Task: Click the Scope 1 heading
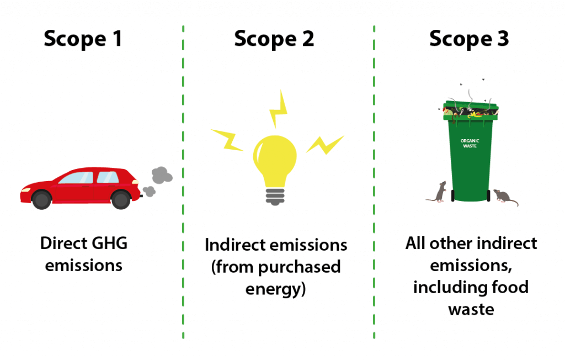tap(83, 39)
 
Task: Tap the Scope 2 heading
tap(274, 39)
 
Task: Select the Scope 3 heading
tap(469, 39)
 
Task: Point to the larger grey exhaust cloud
tap(162, 175)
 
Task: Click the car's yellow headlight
tap(25, 190)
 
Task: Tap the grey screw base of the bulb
tap(275, 197)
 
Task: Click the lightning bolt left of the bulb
tap(227, 140)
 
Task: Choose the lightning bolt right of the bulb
tap(326, 145)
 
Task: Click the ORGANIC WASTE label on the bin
tap(470, 144)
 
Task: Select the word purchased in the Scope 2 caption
tap(299, 267)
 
